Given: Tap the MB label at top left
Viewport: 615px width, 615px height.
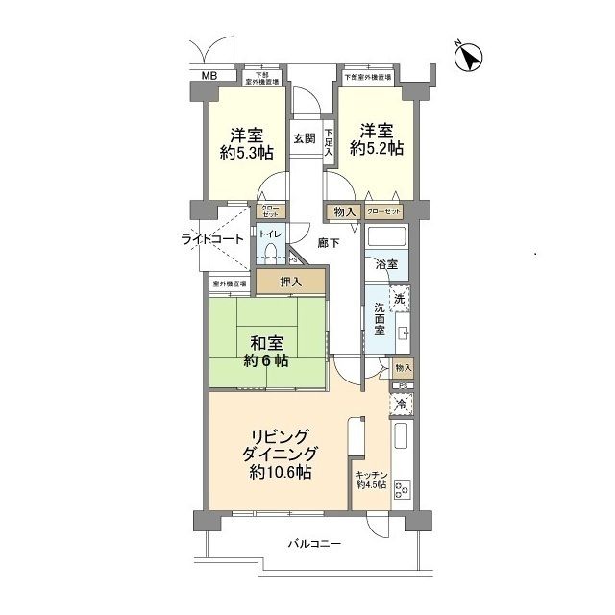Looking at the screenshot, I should [209, 75].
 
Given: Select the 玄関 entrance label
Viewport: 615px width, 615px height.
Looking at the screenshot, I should [305, 137].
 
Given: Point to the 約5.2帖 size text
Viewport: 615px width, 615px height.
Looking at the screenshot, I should [376, 149].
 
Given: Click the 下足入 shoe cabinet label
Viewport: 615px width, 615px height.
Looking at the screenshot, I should [328, 142].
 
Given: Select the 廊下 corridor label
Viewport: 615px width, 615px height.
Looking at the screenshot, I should [329, 242].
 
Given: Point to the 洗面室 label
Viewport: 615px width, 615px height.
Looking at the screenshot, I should [381, 319].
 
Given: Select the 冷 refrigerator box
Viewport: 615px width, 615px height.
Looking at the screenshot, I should [403, 406].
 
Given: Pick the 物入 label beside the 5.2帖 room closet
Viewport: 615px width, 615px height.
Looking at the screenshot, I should [345, 211].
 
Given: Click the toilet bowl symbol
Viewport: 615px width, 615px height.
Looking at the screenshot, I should [272, 254].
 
